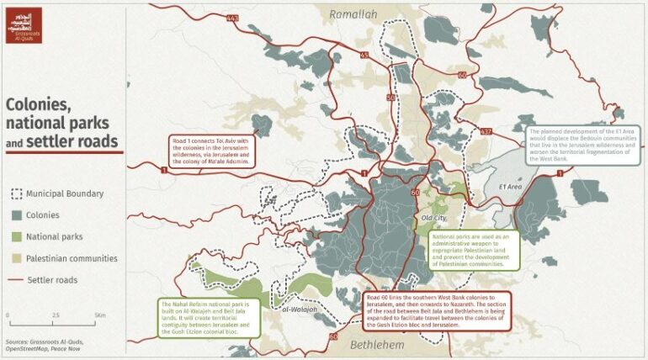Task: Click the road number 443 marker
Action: coord(231,17)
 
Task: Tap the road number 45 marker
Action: coord(364,56)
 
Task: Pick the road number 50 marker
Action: coord(390,98)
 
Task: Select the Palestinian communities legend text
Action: coord(72,258)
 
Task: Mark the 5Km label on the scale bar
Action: coord(100,315)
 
